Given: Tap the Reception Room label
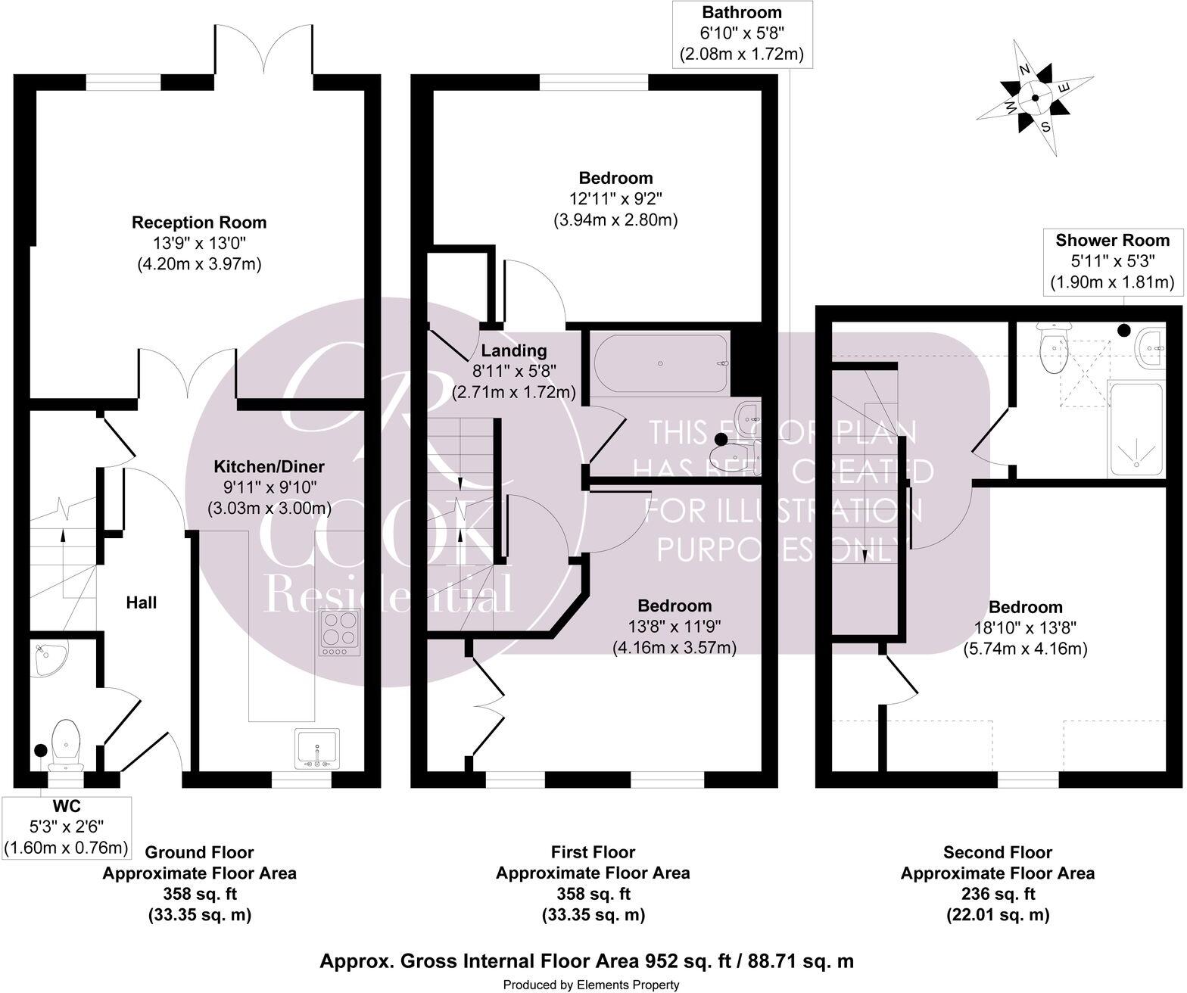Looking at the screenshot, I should tap(199, 223).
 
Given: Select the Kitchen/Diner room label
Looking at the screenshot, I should tap(269, 466).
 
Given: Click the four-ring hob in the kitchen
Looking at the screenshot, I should tap(340, 632).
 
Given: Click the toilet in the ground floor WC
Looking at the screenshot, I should tap(66, 739).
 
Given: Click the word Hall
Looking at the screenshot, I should tap(142, 602).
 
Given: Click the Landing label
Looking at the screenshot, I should tap(514, 350).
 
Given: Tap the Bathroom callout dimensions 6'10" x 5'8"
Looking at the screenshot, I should tap(741, 33).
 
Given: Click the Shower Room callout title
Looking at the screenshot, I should tap(1112, 241).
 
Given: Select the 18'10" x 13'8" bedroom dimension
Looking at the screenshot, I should tap(1025, 627).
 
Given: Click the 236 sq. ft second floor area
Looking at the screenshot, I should tap(997, 894).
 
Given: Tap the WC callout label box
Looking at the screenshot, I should tap(67, 826).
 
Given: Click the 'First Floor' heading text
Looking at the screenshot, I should tap(593, 852).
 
